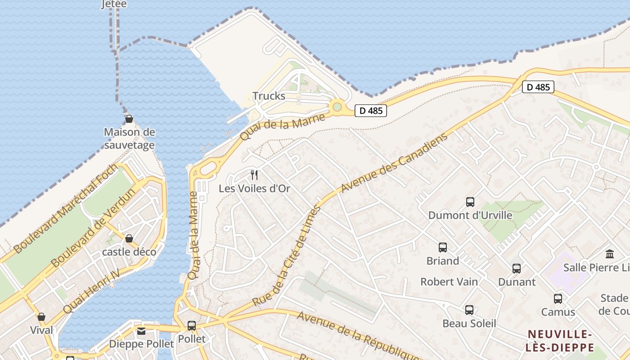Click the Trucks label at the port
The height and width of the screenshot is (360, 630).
pos(269,96)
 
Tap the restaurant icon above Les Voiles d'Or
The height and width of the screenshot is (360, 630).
pos(254,175)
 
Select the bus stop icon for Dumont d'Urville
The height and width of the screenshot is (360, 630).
pos(470,202)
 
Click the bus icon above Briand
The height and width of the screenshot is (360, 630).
pos(443,247)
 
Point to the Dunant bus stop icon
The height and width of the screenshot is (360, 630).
pos(517,269)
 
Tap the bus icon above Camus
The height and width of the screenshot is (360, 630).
pos(558,298)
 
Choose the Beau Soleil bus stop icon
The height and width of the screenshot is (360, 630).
pos(469,310)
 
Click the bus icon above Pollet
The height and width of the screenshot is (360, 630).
pos(192,325)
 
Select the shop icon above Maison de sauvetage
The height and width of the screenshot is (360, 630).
pos(129,119)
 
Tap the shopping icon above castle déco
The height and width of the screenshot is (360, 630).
pos(129,238)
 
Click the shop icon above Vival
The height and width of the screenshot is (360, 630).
pos(41,317)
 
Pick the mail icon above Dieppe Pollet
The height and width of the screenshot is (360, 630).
pos(141,331)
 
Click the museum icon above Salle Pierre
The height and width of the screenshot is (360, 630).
pos(610,254)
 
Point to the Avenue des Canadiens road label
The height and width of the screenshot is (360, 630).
pos(395,163)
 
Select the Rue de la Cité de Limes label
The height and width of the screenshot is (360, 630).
pos(287,256)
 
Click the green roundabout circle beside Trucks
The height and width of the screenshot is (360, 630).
pos(337,107)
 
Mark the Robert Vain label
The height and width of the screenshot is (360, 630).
pos(449,282)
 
